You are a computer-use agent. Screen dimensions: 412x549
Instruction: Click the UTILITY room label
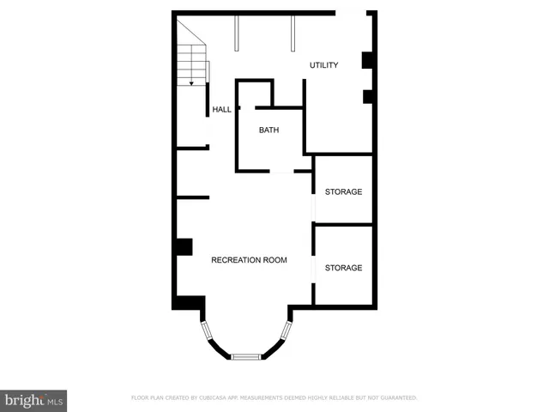tap(324, 65)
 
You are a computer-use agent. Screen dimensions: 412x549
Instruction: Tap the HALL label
tap(222, 109)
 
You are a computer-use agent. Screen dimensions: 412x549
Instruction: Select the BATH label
tap(269, 130)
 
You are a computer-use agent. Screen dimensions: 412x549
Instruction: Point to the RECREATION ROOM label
tap(249, 259)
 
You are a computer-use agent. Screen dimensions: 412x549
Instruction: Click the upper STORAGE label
tap(343, 191)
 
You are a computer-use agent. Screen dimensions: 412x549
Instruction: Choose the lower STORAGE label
tap(343, 268)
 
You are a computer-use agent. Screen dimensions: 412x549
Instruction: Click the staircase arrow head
tap(191, 83)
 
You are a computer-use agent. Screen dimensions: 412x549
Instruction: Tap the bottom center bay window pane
tap(245, 356)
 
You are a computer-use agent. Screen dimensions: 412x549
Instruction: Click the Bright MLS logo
tap(34, 400)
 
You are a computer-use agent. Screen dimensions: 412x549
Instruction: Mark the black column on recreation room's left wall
tap(182, 246)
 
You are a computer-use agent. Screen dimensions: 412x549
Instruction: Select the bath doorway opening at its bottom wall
tap(281, 172)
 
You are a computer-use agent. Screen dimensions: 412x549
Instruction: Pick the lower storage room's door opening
tap(313, 268)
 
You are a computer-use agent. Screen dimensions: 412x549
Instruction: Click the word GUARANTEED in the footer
tap(399, 398)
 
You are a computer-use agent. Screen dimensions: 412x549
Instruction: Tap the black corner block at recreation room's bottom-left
tap(189, 303)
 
